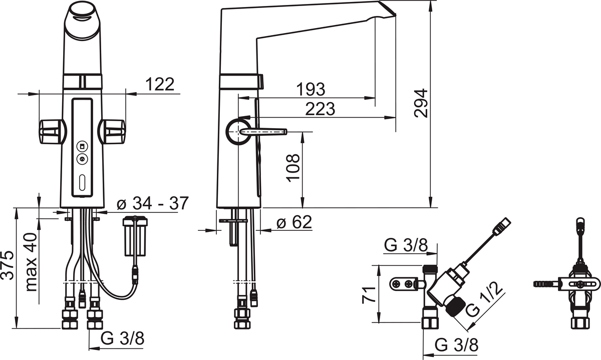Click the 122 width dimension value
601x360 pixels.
coord(160,84)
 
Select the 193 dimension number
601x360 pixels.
coord(311,89)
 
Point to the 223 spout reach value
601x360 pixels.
coord(320,109)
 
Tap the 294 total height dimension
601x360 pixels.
coord(421,103)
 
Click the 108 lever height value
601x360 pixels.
coord(292,168)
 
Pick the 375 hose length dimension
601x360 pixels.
coord(7,265)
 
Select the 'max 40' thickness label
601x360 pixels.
coord(31,262)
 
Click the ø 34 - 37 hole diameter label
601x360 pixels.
coord(153,203)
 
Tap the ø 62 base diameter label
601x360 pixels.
coord(294,222)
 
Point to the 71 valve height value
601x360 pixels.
coord(369,294)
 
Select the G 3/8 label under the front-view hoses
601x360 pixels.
coord(122,338)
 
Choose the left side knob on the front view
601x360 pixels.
coord(53,132)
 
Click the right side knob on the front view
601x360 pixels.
coord(111,132)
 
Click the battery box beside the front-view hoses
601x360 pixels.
coord(135,236)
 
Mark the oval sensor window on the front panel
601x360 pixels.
coord(82,182)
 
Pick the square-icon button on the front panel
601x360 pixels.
coord(82,146)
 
